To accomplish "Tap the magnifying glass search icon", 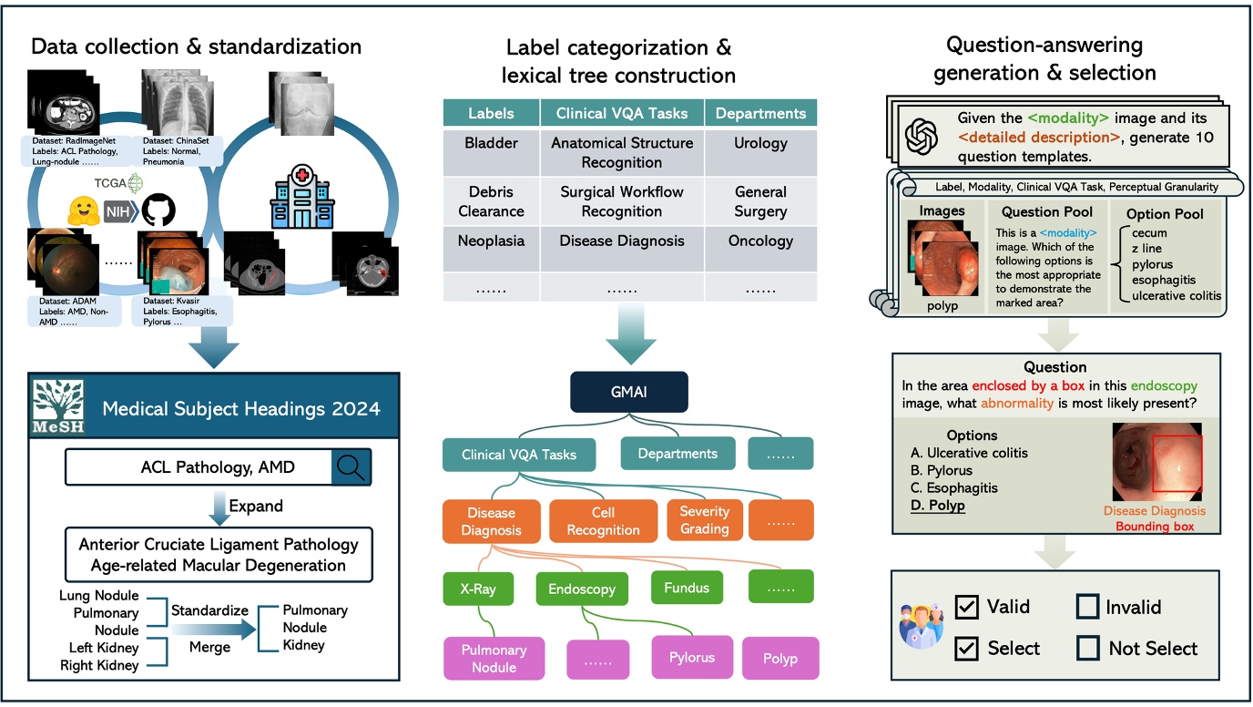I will click(349, 467).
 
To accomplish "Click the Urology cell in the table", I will click(760, 143).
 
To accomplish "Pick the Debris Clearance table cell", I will click(490, 201).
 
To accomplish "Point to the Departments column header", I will click(760, 114).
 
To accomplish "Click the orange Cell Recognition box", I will click(603, 521).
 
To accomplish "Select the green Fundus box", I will click(687, 588).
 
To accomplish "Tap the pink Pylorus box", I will click(691, 657).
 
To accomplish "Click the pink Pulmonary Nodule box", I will click(494, 658).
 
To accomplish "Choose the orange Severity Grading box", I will click(704, 519).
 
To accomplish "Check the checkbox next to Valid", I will click(966, 607).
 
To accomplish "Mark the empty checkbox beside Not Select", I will click(1087, 648).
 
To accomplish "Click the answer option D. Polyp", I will click(938, 506).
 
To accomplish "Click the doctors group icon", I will click(920, 626).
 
